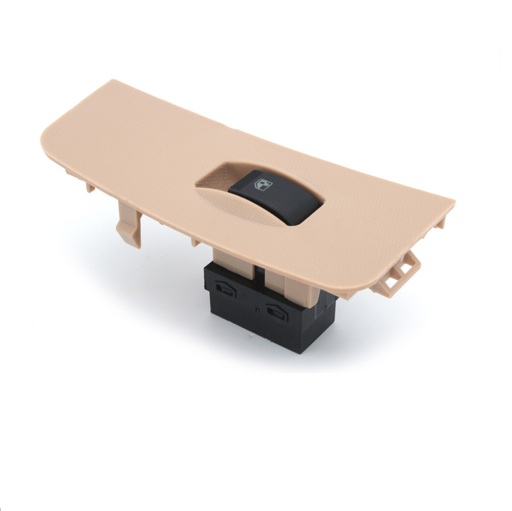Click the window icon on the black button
tap(264, 185)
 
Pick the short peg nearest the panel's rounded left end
tap(89, 186)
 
